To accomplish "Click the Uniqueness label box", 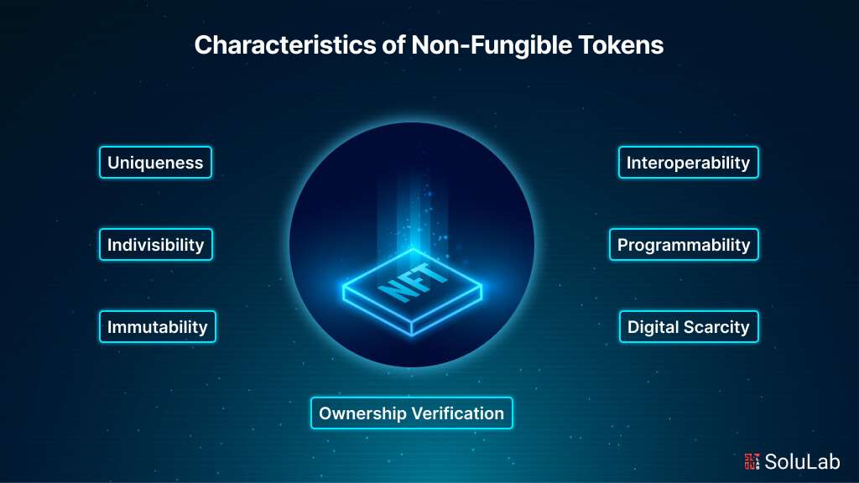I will click(x=155, y=162).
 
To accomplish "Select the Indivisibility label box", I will click(x=155, y=245).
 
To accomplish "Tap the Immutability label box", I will click(x=157, y=326).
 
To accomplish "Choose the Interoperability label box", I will click(x=688, y=162).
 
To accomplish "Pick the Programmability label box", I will click(x=684, y=245).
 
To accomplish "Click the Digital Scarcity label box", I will click(x=688, y=326).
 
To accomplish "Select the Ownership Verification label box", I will click(x=411, y=413).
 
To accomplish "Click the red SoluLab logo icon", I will click(x=752, y=460).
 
